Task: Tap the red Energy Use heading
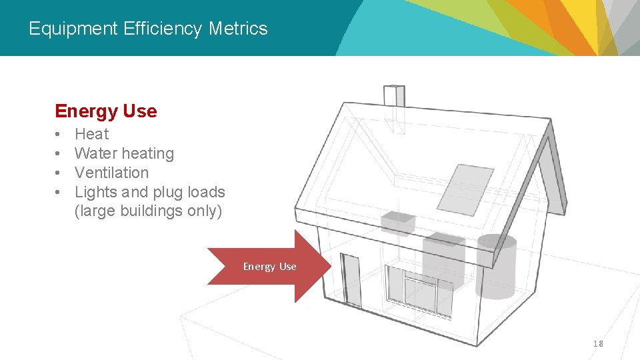click(x=106, y=111)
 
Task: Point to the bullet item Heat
click(x=91, y=134)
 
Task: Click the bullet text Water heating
click(x=124, y=153)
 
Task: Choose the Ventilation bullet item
click(x=111, y=173)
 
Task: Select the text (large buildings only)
click(x=148, y=211)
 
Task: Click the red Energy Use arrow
click(x=269, y=267)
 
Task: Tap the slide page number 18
click(x=598, y=343)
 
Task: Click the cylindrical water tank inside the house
click(x=497, y=267)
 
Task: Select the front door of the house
click(x=350, y=279)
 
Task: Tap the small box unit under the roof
click(x=397, y=223)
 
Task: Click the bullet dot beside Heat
click(x=59, y=134)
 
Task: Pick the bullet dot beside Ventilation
click(x=59, y=173)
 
